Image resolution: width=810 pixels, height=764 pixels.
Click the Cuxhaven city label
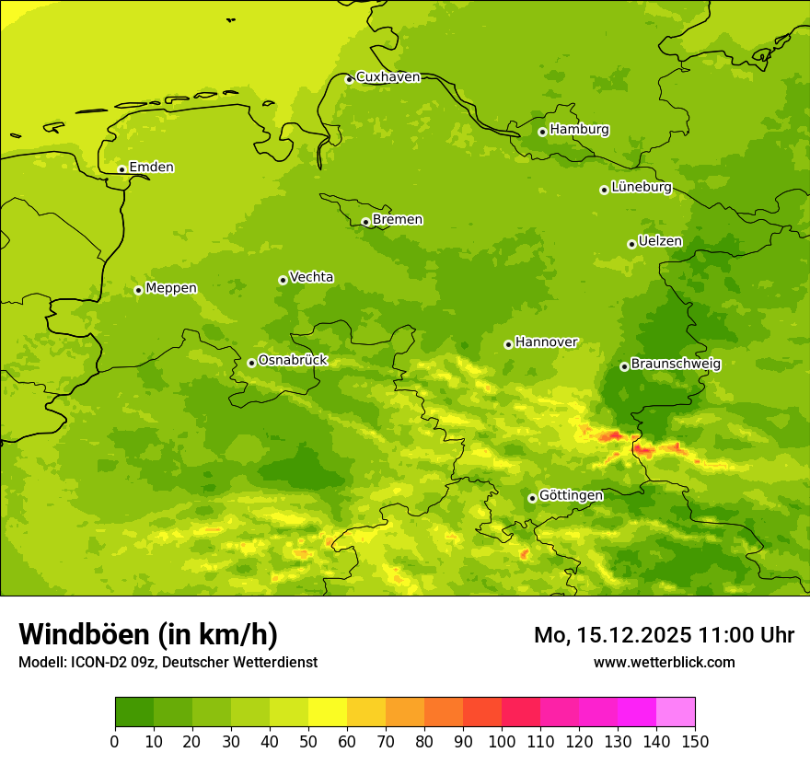point(388,77)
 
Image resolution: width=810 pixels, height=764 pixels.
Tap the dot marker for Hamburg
point(542,132)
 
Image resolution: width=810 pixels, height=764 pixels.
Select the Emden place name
point(151,168)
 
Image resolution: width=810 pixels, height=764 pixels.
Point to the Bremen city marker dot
point(365,222)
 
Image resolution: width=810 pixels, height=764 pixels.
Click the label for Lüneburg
point(641,188)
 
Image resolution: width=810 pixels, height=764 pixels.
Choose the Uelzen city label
point(660,242)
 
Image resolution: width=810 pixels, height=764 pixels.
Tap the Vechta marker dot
point(283,280)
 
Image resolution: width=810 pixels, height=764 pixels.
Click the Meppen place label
point(171,288)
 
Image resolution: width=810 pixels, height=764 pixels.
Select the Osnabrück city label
point(293,361)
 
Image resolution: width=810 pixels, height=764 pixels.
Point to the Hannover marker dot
point(508,344)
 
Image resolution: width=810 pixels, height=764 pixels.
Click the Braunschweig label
point(676,365)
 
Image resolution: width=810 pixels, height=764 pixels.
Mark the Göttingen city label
point(571,496)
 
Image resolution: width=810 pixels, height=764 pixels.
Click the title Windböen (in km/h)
point(148,634)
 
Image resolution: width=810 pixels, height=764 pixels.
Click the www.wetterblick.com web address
point(664,662)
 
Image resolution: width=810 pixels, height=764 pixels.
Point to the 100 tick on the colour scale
point(502,741)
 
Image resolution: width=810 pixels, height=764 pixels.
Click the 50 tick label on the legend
point(308,741)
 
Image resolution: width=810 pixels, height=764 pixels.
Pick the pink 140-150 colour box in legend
point(676,712)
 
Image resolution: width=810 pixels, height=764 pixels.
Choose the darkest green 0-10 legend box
point(134,712)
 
